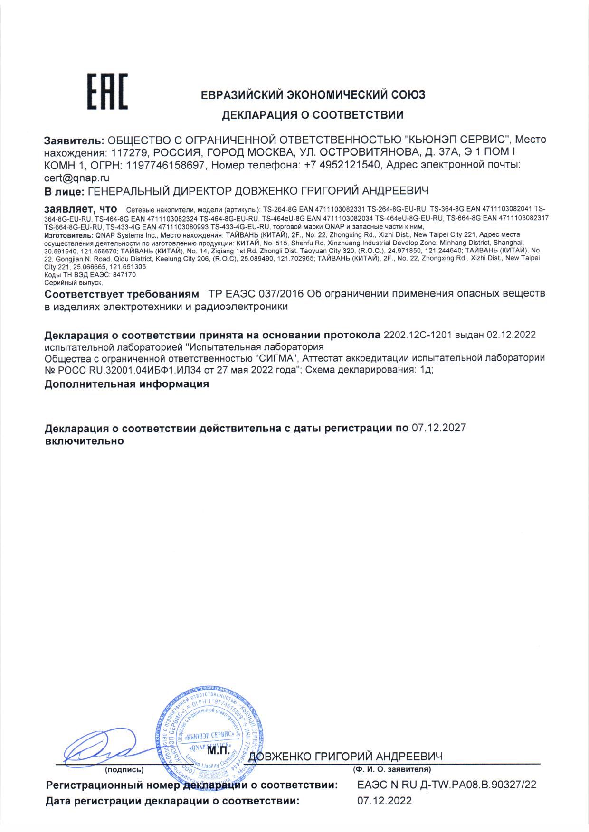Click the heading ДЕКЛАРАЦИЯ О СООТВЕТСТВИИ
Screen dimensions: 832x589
click(x=313, y=115)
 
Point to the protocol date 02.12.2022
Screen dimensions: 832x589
click(x=509, y=335)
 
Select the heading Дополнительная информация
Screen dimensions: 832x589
click(x=127, y=384)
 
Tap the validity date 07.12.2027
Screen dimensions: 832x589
click(x=438, y=428)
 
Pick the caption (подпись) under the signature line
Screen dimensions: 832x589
click(x=124, y=769)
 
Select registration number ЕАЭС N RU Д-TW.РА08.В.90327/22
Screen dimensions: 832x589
click(x=446, y=785)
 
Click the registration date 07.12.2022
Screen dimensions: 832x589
click(x=384, y=801)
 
